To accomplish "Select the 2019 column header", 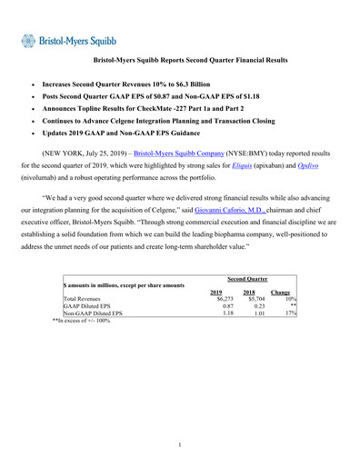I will (x=217, y=292).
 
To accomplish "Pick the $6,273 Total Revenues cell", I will (x=215, y=300).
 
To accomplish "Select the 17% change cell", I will (x=292, y=314).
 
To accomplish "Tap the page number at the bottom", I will (x=180, y=444).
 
